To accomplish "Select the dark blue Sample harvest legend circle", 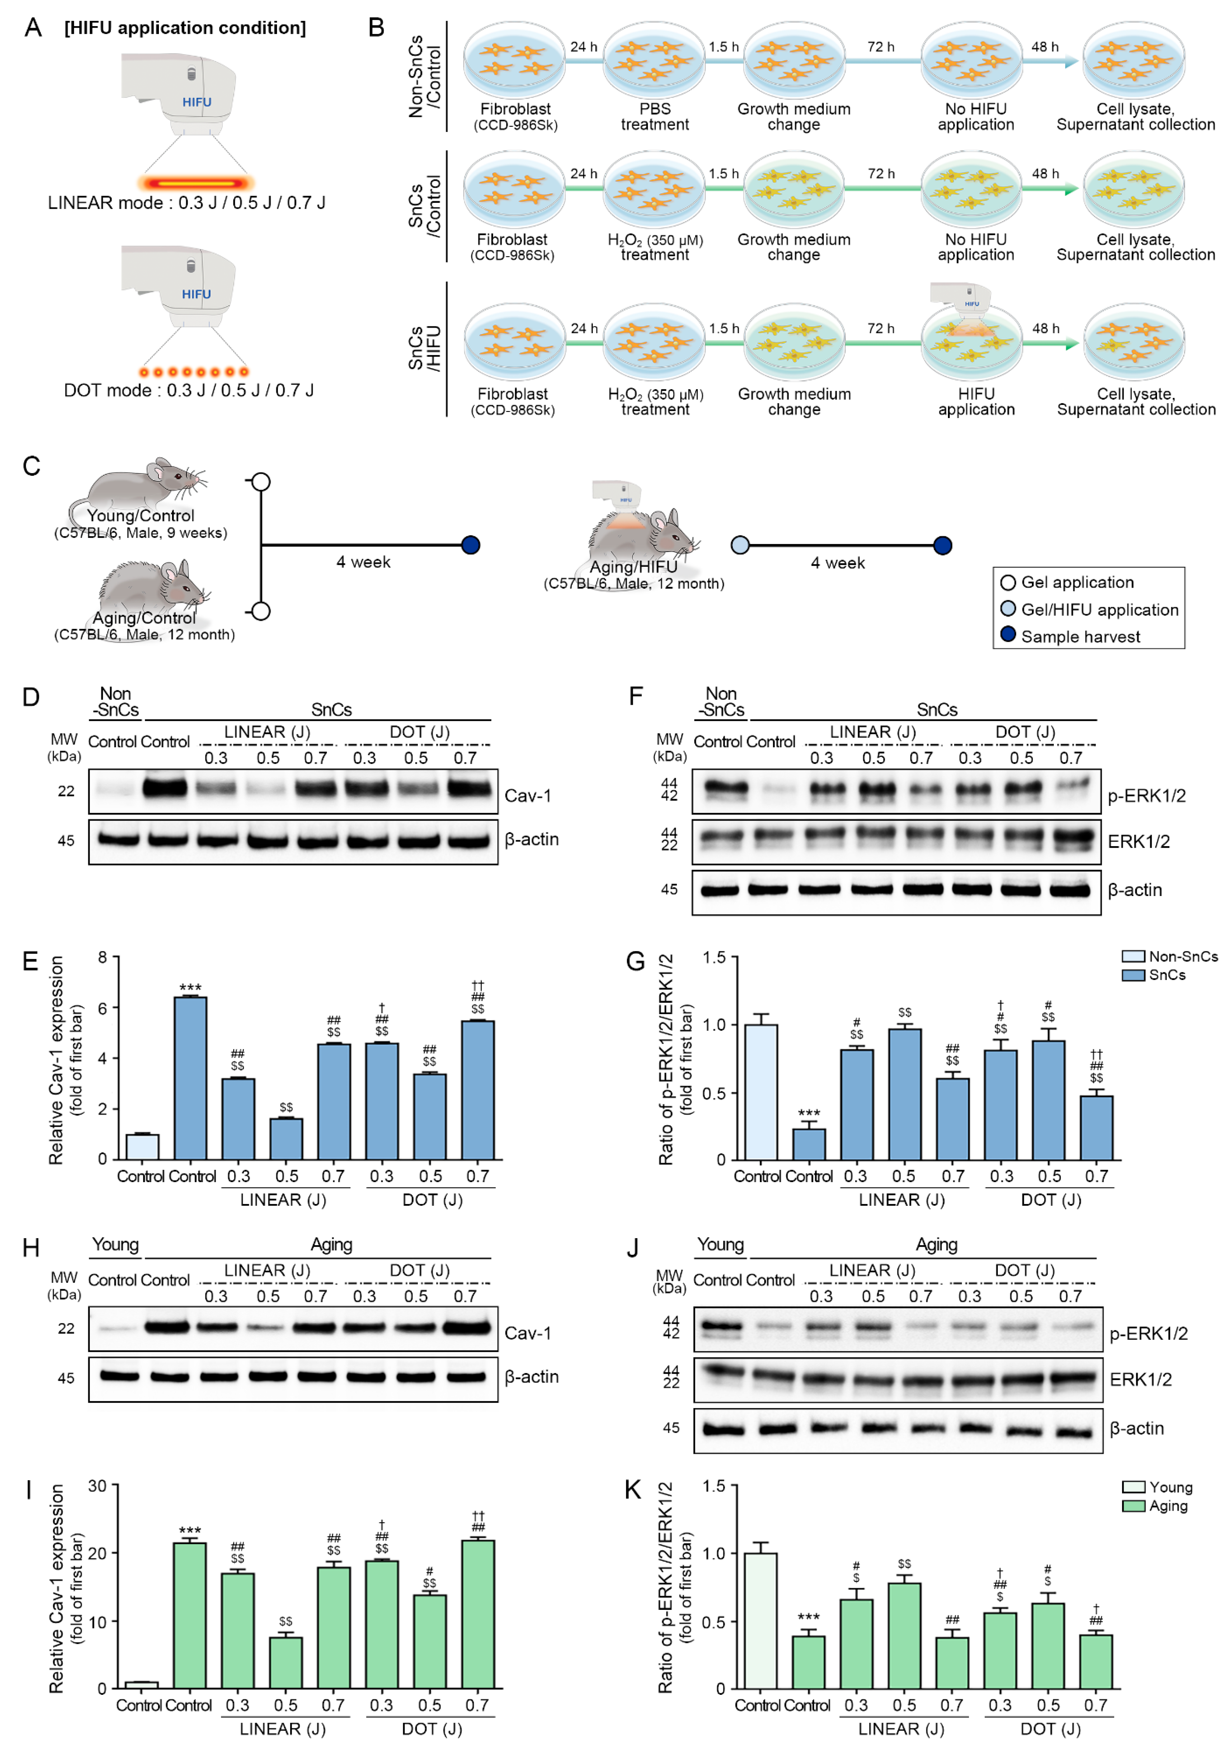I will (x=1008, y=634).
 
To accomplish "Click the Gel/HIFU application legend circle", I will (x=1008, y=608).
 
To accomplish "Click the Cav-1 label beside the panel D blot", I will (x=528, y=795).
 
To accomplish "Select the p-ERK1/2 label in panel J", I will (x=1148, y=1333).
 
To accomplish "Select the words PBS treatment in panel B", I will (x=655, y=117).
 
